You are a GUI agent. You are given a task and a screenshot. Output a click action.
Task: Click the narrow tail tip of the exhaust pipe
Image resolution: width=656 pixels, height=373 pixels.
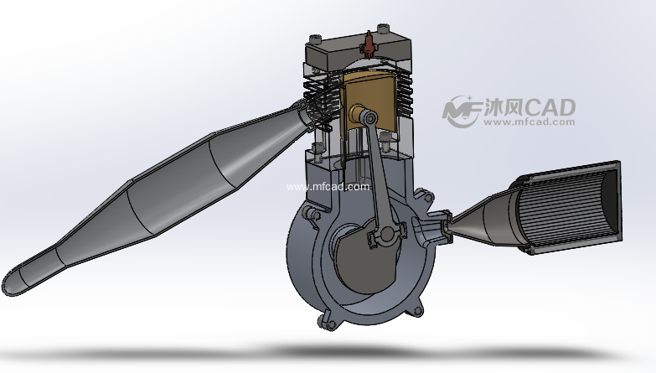point(17,281)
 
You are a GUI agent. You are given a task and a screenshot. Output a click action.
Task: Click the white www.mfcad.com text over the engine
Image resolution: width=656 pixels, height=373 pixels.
point(328,187)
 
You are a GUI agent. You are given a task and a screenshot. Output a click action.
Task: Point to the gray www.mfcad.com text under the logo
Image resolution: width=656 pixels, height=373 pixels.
point(529,122)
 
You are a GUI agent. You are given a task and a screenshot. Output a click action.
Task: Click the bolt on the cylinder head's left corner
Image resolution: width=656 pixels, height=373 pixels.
point(314,40)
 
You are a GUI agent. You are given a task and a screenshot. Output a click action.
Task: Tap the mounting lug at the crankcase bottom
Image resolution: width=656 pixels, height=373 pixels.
point(325,320)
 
